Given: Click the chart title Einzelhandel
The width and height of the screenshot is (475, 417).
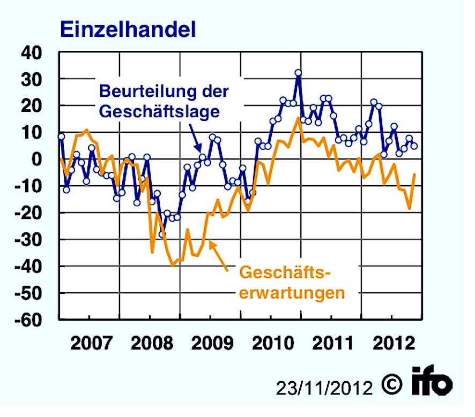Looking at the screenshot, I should (127, 29).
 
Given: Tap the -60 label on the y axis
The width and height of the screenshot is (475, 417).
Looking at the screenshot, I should (35, 320).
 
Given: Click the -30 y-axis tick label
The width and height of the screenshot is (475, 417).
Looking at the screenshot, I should (35, 240).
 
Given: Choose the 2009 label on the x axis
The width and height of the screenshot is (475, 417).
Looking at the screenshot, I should (210, 342).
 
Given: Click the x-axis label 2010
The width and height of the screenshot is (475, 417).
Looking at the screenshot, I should (271, 342).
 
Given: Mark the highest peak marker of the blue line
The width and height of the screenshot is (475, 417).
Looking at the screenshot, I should (299, 73).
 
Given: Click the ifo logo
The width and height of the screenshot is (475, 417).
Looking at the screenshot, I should (433, 382).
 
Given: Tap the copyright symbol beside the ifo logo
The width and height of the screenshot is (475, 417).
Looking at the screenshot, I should (393, 383).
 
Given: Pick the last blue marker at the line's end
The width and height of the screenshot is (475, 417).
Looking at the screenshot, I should (414, 146).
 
